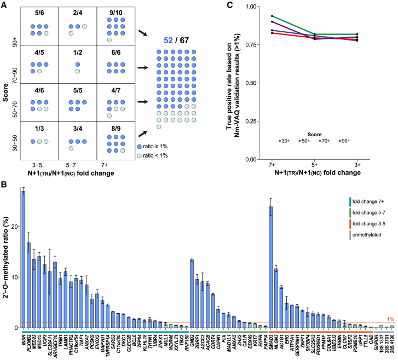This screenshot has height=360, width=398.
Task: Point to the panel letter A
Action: coord(4,5)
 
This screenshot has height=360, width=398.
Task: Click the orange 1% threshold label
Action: coord(390,319)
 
